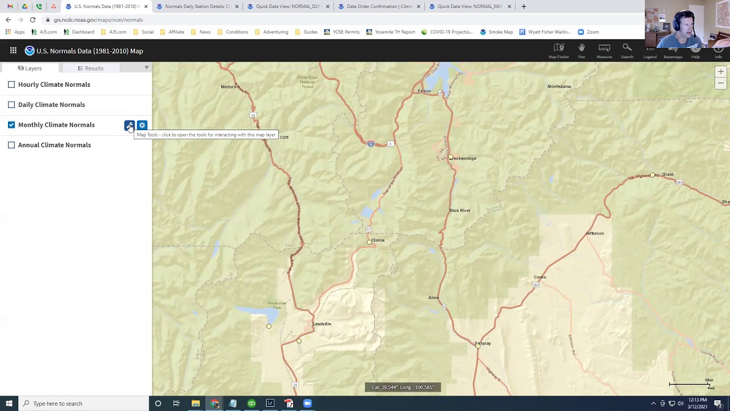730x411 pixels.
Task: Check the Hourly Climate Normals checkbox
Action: tap(11, 84)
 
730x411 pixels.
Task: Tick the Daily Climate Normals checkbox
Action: tap(11, 104)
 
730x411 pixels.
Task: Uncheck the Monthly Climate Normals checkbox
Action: tap(11, 124)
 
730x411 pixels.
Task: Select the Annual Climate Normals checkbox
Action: tap(11, 145)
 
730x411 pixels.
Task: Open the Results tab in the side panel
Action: tap(91, 68)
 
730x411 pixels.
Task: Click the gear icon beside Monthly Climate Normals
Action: tap(142, 125)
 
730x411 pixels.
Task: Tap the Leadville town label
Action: tap(322, 324)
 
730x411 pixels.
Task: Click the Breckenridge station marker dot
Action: tap(451, 158)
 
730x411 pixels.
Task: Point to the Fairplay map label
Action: tap(482, 343)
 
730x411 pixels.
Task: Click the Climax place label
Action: tap(378, 240)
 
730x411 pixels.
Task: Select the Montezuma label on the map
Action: tap(559, 86)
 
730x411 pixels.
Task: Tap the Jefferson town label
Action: tap(595, 233)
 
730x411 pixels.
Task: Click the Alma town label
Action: tap(433, 297)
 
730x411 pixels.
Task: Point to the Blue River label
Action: tap(460, 210)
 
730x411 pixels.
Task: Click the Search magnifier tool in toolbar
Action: tap(627, 50)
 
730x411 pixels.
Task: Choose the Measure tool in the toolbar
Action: tap(604, 50)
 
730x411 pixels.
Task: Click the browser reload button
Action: tap(33, 20)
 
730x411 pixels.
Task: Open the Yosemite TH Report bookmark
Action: tap(391, 32)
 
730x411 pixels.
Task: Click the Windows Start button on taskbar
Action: tap(9, 404)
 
